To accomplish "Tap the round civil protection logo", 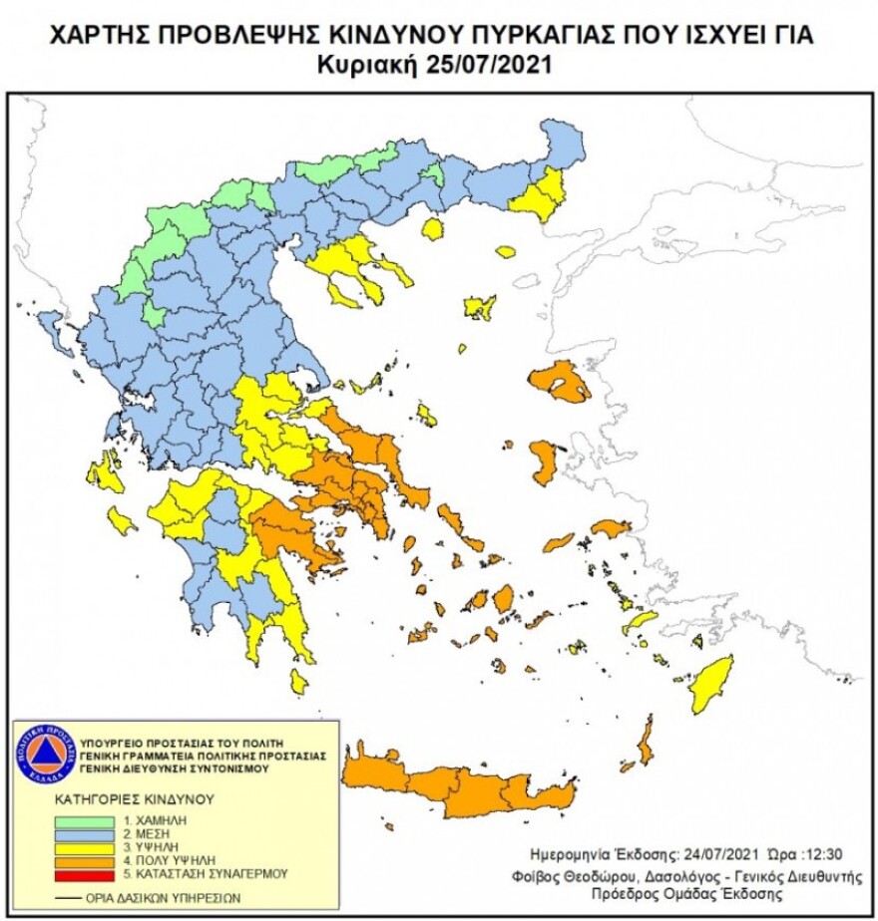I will pos(46,753).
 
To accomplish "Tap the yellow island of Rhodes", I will pos(712,683).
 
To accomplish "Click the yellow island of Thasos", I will pos(432,229).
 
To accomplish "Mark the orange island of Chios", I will pos(545,461).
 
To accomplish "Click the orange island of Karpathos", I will pos(646,741).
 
